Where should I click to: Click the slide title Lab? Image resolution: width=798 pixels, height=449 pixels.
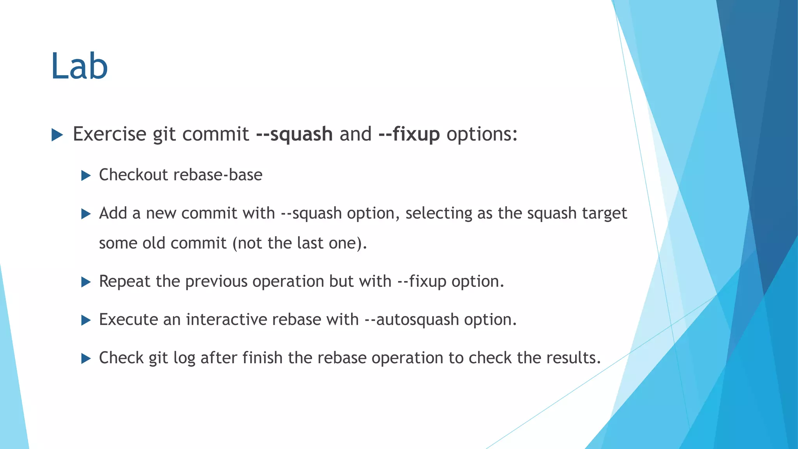(x=79, y=66)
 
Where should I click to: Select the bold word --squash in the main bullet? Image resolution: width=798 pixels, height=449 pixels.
(x=294, y=134)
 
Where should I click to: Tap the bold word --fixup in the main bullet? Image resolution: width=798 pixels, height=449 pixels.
(x=409, y=134)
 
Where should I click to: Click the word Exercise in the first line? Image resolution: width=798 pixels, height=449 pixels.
(x=109, y=134)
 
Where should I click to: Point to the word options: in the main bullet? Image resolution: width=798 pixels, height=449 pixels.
(x=482, y=134)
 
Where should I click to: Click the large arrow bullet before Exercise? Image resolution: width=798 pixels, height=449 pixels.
(x=57, y=135)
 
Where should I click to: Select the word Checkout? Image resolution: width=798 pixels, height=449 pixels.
(x=133, y=175)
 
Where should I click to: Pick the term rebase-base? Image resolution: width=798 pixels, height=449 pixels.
(x=218, y=175)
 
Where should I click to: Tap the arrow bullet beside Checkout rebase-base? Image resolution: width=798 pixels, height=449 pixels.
(x=86, y=176)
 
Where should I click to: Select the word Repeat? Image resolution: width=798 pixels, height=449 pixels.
(x=124, y=281)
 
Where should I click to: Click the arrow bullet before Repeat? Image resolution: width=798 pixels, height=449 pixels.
(x=86, y=282)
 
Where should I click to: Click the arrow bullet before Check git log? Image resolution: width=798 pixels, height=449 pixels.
(x=86, y=359)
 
